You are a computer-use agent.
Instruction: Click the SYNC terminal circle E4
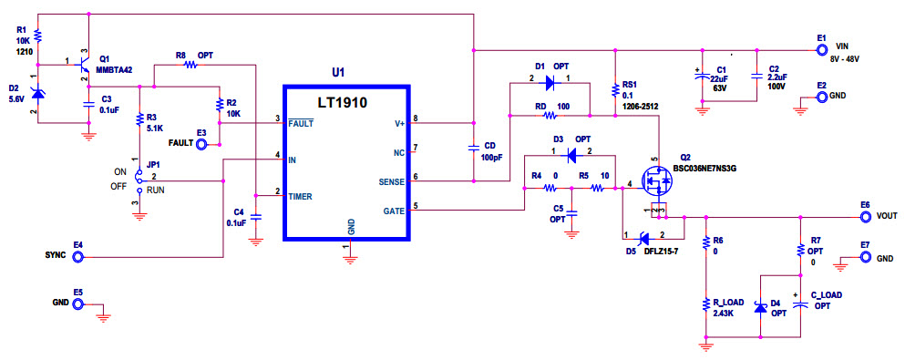tap(79, 257)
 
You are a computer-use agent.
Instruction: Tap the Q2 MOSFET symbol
tap(657, 181)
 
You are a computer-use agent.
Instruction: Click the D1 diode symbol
tap(550, 83)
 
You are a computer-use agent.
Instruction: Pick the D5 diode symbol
tap(643, 238)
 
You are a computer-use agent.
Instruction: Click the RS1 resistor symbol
tap(613, 89)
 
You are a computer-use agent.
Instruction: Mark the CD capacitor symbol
tap(474, 148)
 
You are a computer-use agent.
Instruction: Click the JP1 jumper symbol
tap(139, 180)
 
